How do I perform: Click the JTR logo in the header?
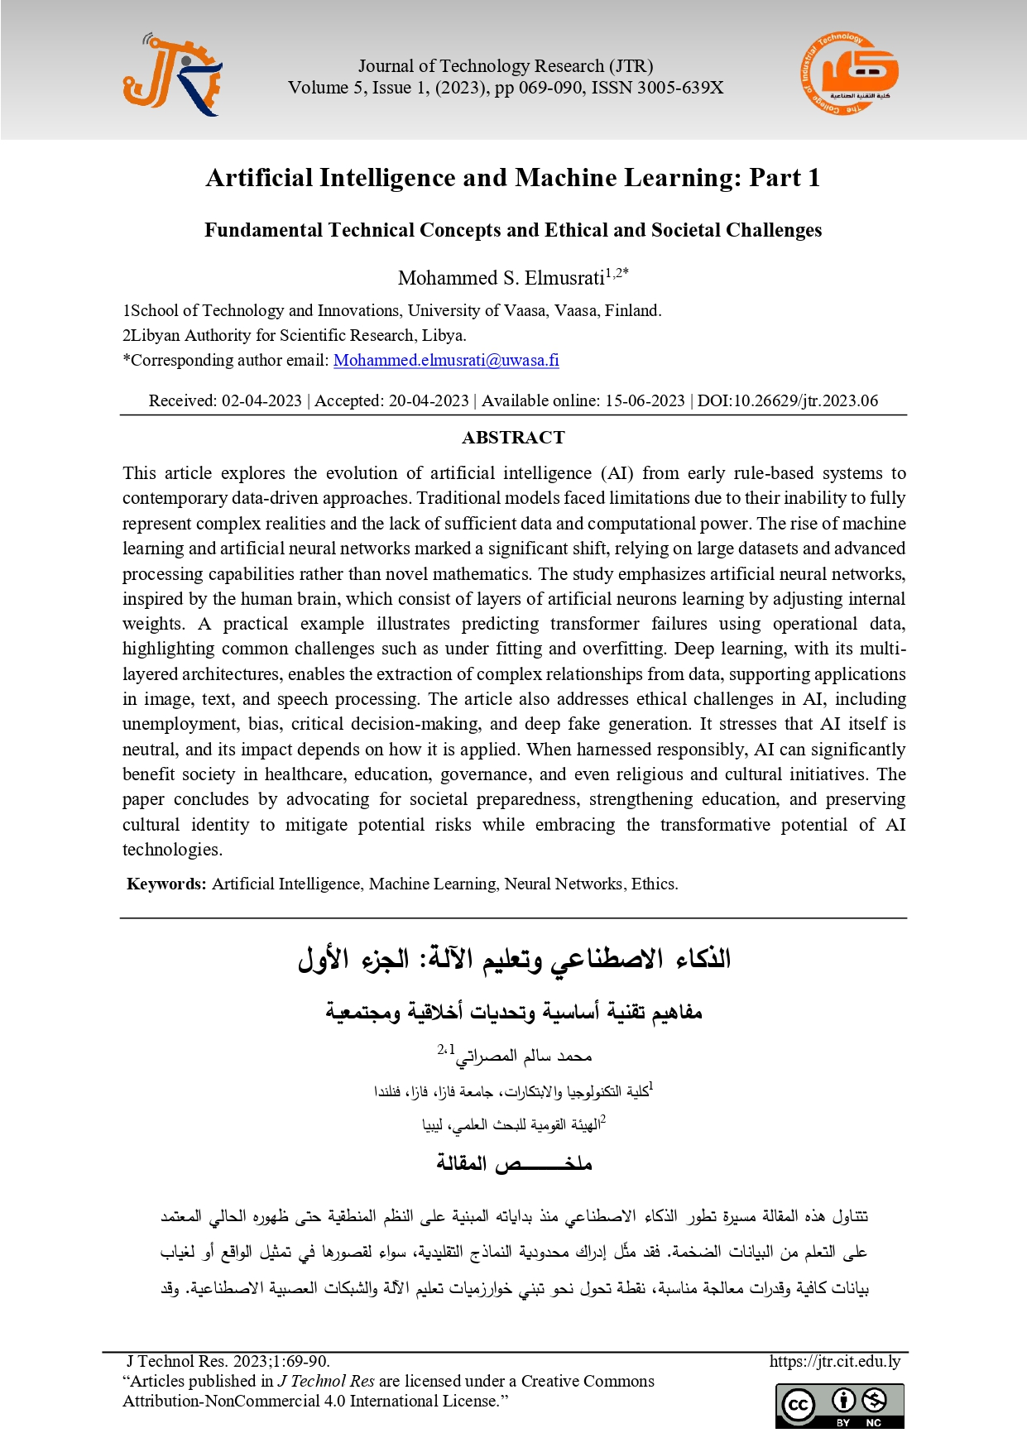point(172,75)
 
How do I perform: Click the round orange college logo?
point(849,75)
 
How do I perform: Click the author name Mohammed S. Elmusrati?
point(501,278)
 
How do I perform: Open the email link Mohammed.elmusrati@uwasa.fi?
point(446,361)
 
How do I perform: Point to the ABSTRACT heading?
point(513,438)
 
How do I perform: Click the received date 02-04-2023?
point(262,401)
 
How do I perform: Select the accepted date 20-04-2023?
point(429,401)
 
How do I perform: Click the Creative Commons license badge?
point(839,1406)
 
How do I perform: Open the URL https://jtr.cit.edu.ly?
point(834,1361)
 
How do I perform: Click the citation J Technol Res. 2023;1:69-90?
point(228,1361)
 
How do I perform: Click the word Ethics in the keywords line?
point(654,884)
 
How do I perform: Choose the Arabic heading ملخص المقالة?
point(514,1163)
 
